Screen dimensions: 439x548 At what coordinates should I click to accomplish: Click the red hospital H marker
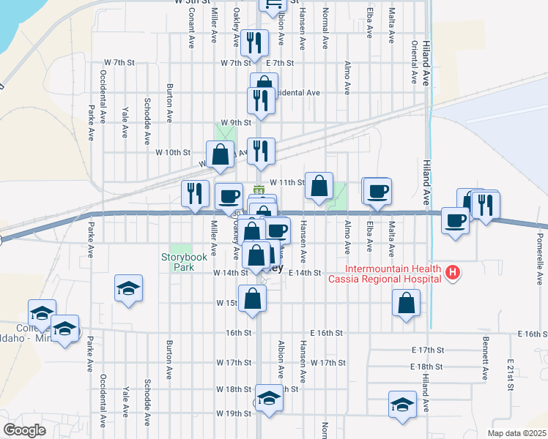pos(453,273)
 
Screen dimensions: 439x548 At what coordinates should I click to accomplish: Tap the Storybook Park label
pos(179,263)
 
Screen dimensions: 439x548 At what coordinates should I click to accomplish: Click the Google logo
pos(24,430)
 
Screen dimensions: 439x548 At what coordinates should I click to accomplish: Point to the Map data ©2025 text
pos(516,433)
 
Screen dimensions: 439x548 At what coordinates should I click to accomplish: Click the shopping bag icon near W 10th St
pos(220,154)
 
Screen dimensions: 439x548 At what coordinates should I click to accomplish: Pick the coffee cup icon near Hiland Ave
pos(455,219)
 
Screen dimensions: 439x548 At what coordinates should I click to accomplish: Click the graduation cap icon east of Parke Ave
pos(128,288)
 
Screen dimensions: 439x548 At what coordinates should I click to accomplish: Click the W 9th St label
pos(234,122)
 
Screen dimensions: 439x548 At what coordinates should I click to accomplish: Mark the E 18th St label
pos(428,367)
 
